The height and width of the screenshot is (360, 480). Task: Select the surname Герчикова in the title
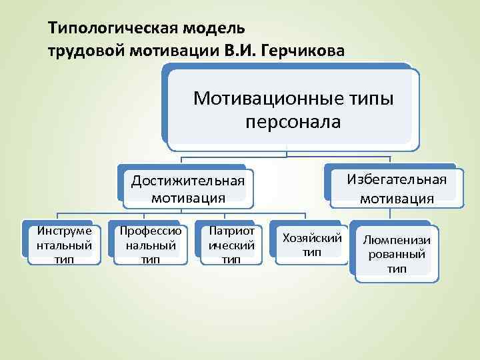[x=311, y=51]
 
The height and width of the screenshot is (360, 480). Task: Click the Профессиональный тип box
[x=150, y=245]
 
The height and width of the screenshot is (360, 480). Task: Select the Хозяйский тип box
[x=312, y=245]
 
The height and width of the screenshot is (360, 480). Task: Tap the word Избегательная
[x=397, y=179]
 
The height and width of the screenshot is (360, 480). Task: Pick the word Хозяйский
[x=312, y=238]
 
